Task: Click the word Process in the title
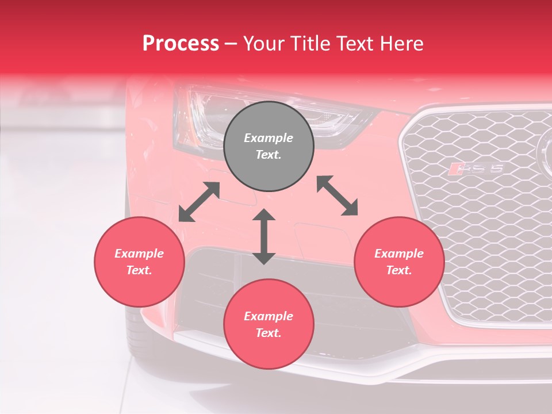pyautogui.click(x=181, y=44)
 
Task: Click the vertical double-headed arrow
pyautogui.click(x=264, y=237)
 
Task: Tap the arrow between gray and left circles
pyautogui.click(x=199, y=202)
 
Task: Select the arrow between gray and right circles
pyautogui.click(x=337, y=195)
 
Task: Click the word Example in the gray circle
pyautogui.click(x=269, y=138)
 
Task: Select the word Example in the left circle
pyautogui.click(x=139, y=254)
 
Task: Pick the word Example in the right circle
pyautogui.click(x=399, y=254)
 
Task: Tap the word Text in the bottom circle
pyautogui.click(x=269, y=333)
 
